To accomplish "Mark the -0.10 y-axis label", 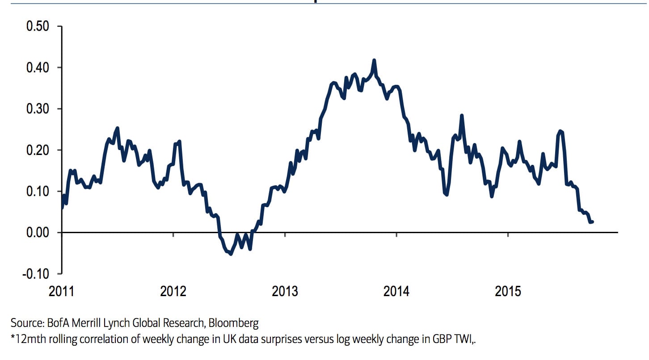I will (x=35, y=273).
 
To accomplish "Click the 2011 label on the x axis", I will (x=62, y=292).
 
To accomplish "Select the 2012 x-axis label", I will (x=173, y=292).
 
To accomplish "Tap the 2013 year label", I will (x=285, y=292).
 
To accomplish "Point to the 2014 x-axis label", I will (x=396, y=292).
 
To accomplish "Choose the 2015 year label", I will (x=508, y=292).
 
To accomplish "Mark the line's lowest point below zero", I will (x=231, y=254).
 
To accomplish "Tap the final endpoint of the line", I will (x=592, y=222).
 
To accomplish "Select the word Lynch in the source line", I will (x=127, y=323).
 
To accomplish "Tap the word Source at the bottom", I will (x=25, y=323).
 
